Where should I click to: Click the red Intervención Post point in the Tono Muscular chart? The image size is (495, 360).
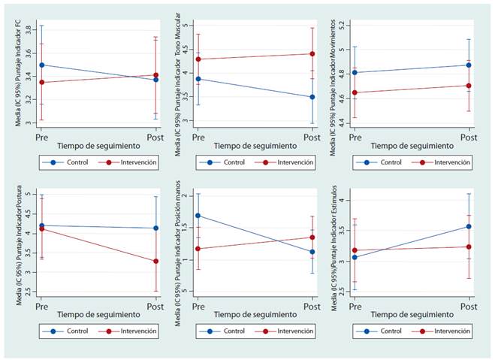[x=312, y=54]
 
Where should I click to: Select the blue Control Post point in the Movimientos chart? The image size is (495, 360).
[x=468, y=65]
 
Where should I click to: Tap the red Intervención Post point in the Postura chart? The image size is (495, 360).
[x=155, y=262]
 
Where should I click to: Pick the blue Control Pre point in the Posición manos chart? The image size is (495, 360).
[x=198, y=216]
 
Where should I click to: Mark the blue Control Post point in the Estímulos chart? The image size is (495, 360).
[x=468, y=226]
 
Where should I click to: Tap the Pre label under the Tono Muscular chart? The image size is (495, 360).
[x=198, y=138]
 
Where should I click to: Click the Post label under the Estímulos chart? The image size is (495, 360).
[x=468, y=307]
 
